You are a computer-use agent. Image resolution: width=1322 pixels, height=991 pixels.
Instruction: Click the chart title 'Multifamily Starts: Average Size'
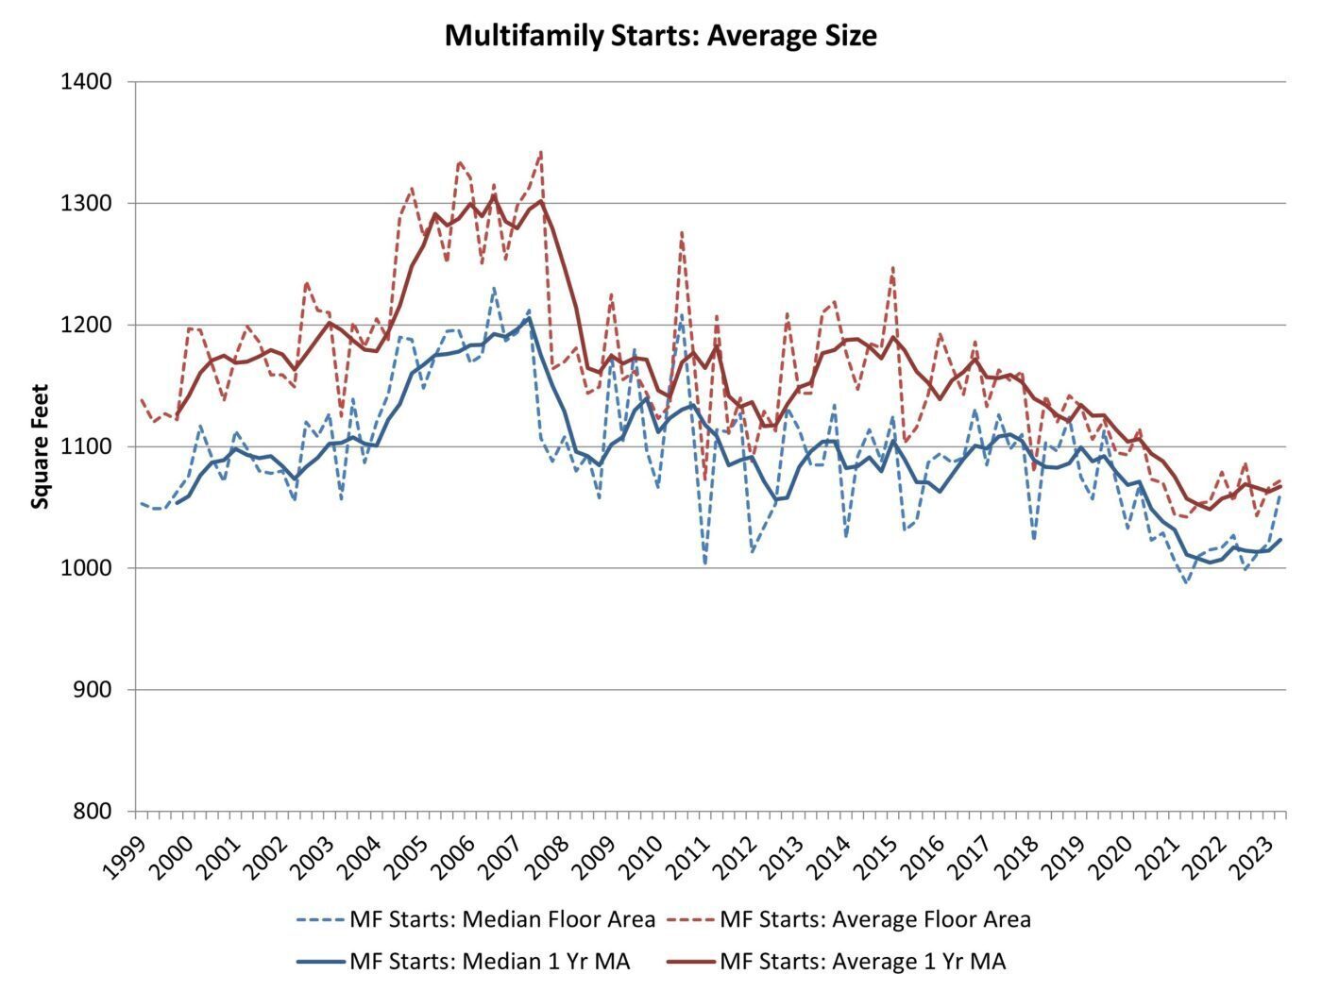661,35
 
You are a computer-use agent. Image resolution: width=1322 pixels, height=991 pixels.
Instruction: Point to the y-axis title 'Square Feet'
40,446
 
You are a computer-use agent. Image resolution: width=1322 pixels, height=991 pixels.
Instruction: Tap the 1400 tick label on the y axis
87,81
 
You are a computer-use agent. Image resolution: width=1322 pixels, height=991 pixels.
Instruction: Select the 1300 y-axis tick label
87,203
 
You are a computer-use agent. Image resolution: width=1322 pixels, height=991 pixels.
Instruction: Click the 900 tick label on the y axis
93,689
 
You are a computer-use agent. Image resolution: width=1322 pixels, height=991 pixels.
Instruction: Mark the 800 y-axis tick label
93,811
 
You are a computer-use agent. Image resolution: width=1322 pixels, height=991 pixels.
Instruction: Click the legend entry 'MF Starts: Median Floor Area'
476,919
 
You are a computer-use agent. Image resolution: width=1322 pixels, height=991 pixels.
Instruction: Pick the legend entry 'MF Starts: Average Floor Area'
849,919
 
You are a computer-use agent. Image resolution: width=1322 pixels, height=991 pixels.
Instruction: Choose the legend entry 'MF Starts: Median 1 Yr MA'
464,962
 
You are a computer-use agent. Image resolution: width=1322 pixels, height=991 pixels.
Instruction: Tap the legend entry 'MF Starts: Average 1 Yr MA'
838,962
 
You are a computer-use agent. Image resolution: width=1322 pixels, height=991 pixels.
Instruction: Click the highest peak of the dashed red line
541,152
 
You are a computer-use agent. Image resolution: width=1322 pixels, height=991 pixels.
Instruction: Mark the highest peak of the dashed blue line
494,289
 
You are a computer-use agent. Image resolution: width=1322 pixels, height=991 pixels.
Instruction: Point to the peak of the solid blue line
529,318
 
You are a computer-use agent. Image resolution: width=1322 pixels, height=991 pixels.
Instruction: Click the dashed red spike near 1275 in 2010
682,232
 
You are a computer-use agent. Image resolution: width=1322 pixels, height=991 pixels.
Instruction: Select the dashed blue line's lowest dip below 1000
1186,582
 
